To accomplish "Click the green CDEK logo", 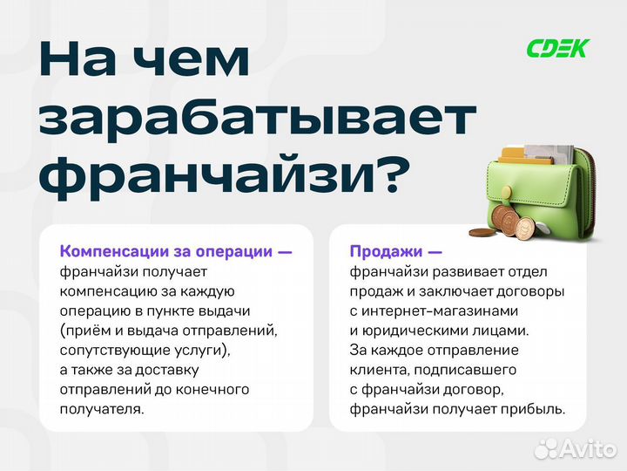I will (x=557, y=49).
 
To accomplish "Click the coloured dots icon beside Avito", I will (x=545, y=448).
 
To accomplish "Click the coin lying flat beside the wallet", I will (x=481, y=233).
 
